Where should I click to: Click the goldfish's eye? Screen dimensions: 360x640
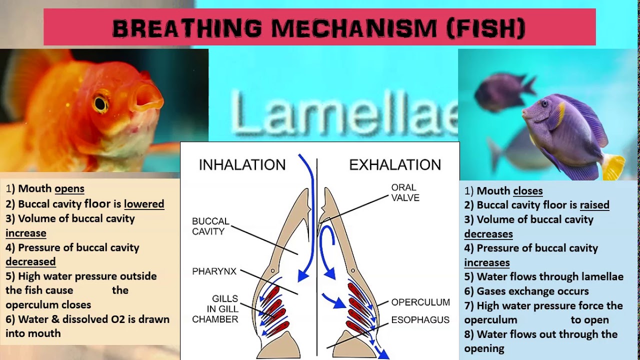(x=101, y=103)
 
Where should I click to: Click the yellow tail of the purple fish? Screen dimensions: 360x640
(x=613, y=166)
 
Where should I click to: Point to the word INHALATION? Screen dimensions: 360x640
(x=242, y=165)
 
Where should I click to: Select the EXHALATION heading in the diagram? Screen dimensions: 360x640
(x=395, y=165)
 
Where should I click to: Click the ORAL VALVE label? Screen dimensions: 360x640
(x=405, y=192)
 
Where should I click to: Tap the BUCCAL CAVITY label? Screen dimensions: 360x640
(x=210, y=226)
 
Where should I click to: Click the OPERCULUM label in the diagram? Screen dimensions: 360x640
(x=420, y=302)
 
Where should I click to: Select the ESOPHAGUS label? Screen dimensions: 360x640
(x=420, y=320)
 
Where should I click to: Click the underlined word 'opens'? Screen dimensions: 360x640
(x=69, y=189)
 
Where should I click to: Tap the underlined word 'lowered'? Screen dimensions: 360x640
(x=144, y=204)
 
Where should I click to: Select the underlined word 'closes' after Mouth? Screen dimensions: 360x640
(x=527, y=191)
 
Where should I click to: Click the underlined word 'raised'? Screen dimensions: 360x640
(x=594, y=205)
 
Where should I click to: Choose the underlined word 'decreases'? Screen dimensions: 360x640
(x=488, y=234)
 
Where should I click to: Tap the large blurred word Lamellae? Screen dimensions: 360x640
(x=345, y=115)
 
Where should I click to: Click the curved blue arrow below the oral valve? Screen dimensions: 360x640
(x=326, y=250)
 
